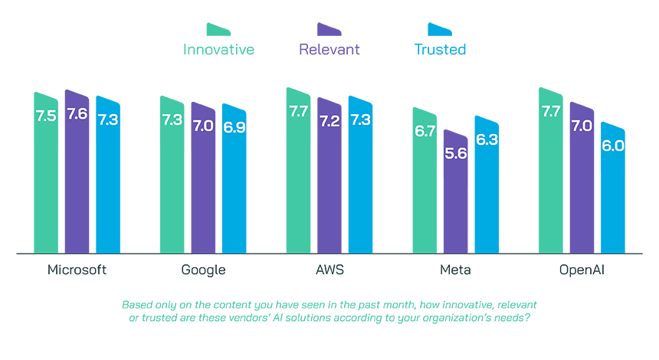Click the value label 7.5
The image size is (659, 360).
pyautogui.click(x=45, y=117)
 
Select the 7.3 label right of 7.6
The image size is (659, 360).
pyautogui.click(x=108, y=120)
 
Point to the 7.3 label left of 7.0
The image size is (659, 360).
pyautogui.click(x=172, y=120)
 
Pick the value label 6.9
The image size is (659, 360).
pyautogui.click(x=234, y=127)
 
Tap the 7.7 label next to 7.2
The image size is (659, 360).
pyautogui.click(x=299, y=113)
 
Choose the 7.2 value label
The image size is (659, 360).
pyautogui.click(x=329, y=122)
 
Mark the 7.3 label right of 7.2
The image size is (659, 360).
pyautogui.click(x=360, y=120)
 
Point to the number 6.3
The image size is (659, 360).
pyautogui.click(x=487, y=140)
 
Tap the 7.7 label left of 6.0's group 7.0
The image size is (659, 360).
pyautogui.click(x=550, y=112)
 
